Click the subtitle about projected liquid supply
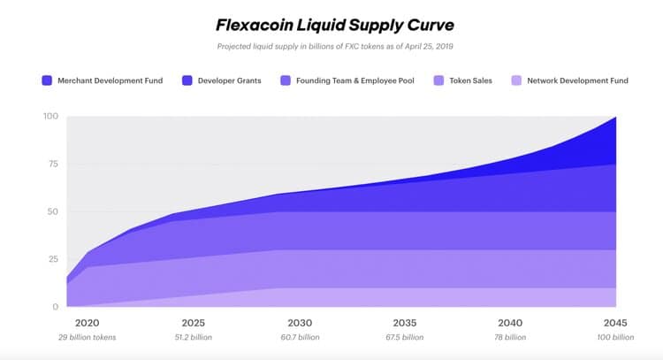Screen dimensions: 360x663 331,45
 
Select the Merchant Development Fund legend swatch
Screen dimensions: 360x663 47,80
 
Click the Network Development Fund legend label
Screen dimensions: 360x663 577,80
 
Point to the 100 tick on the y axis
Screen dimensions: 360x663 51,117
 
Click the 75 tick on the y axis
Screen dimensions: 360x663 54,165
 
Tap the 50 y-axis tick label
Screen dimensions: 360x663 54,212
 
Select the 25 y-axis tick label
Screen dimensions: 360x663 54,259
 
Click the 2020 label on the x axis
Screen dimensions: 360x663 87,322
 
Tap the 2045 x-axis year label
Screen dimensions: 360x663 615,322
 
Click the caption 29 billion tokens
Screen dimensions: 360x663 87,337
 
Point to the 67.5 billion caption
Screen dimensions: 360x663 404,337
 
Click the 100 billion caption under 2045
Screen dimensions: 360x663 615,337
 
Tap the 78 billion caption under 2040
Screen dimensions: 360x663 509,337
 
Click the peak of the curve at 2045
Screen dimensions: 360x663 615,118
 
